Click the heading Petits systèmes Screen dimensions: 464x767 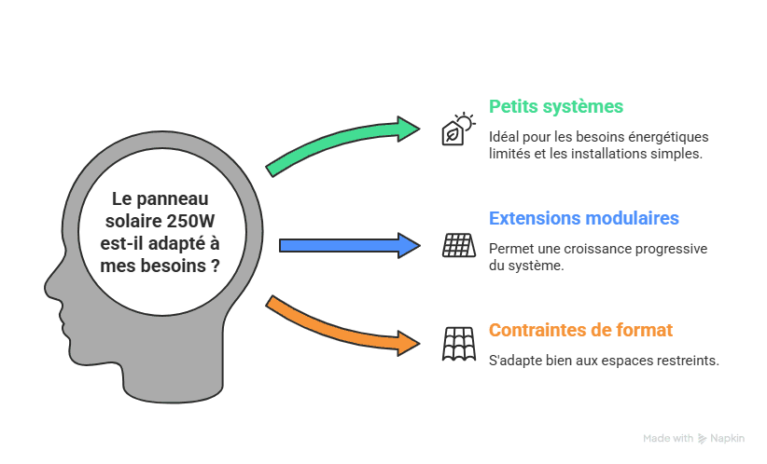point(556,106)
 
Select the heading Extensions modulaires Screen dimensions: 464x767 point(584,219)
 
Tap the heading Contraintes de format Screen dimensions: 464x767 point(580,330)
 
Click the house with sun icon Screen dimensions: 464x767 point(457,130)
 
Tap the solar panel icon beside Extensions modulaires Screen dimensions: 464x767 point(458,245)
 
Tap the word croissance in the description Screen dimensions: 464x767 point(604,249)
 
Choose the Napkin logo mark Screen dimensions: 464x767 point(702,438)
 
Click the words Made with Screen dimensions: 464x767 point(668,438)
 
